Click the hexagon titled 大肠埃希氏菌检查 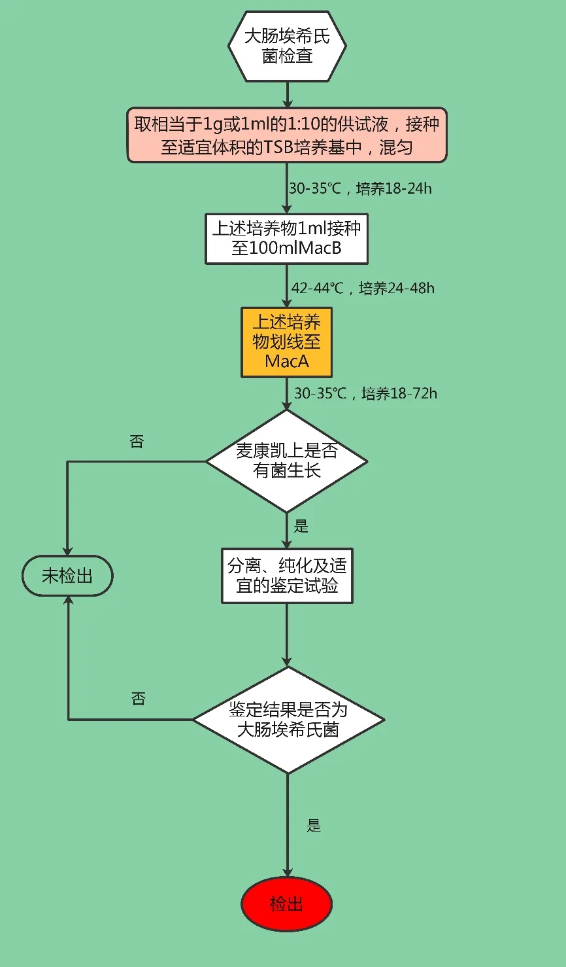coord(287,46)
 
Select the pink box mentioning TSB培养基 coord(287,135)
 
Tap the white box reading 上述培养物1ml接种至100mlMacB coord(286,238)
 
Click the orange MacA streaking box coord(286,342)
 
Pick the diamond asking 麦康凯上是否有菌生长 coord(287,461)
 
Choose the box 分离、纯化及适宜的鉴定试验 coord(287,575)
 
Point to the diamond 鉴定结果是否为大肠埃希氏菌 coord(288,719)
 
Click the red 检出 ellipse coord(287,904)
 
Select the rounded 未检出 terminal coord(67,576)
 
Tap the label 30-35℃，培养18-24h coord(360,188)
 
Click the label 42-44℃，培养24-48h coord(363,288)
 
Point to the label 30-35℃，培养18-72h coord(365,393)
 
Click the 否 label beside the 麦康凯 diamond coord(137,442)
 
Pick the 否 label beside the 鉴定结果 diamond coord(139,699)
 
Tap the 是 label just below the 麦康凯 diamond coord(301,526)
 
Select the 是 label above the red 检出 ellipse coord(314,826)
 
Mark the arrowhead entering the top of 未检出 coord(67,552)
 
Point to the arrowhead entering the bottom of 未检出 coord(67,601)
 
